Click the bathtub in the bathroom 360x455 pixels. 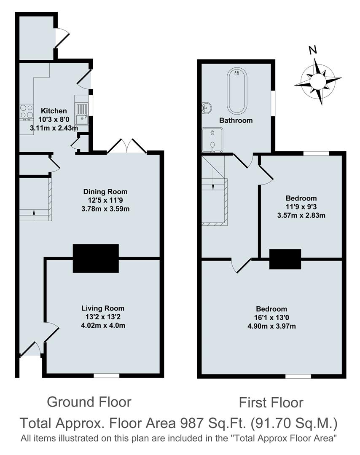[x=237, y=91]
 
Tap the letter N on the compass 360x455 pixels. [x=312, y=50]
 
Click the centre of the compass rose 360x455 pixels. [x=318, y=80]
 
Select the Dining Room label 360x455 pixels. [x=105, y=192]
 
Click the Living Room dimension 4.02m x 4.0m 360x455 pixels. [x=103, y=325]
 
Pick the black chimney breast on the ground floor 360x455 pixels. [x=96, y=258]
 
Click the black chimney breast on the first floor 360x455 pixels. [x=285, y=259]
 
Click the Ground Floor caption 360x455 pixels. [x=89, y=401]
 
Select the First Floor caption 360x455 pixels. [x=271, y=402]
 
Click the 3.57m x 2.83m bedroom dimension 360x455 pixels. [x=301, y=215]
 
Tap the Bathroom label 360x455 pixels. [x=236, y=120]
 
